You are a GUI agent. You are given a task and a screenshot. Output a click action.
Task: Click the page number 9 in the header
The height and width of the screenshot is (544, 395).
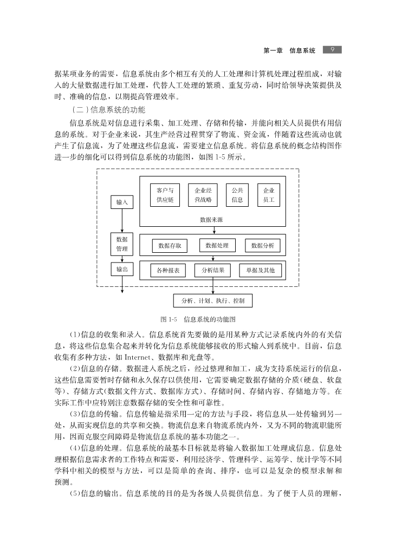click(x=332, y=49)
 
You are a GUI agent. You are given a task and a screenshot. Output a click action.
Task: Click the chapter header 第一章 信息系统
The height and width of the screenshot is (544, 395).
click(x=289, y=50)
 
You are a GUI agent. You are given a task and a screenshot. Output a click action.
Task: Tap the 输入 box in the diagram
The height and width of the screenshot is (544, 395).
click(x=122, y=202)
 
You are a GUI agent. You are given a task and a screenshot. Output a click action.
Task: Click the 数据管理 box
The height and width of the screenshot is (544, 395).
click(x=122, y=244)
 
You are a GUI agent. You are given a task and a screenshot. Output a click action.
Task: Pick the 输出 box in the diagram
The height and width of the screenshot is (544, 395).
click(x=122, y=268)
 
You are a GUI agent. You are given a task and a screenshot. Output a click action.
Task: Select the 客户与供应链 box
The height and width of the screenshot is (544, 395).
click(x=165, y=195)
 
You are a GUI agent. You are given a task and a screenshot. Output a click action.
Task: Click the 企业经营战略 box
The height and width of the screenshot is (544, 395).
click(x=203, y=195)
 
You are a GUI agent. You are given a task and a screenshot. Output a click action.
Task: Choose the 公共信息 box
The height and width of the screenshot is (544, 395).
click(x=237, y=195)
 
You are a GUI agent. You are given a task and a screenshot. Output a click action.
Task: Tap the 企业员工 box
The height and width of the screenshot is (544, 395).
click(x=269, y=195)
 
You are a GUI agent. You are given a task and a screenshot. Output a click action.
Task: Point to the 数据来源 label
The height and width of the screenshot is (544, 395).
click(x=211, y=220)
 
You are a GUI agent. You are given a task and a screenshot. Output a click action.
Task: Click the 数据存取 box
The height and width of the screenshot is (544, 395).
click(x=170, y=246)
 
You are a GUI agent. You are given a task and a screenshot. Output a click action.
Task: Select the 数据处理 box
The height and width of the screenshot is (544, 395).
click(x=217, y=245)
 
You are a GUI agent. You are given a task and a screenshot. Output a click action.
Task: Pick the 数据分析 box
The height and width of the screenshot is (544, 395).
click(x=263, y=246)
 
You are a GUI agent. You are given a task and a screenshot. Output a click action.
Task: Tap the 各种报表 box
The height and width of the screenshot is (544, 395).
click(x=168, y=270)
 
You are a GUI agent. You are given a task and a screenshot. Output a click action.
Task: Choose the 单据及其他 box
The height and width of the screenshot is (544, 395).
click(x=260, y=270)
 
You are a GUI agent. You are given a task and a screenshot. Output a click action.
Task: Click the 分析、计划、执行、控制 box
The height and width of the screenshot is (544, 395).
click(x=212, y=300)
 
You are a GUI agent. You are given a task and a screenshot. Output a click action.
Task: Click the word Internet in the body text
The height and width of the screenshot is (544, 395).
click(x=140, y=357)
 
